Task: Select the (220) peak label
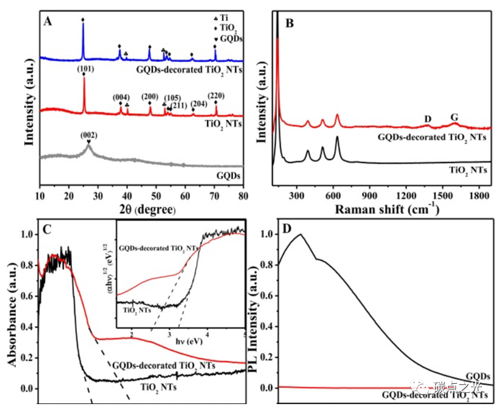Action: coord(216,95)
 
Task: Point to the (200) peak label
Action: coord(150,97)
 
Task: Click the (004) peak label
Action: coord(121,97)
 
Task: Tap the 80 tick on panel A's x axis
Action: coord(244,198)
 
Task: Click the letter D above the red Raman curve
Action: coord(428,119)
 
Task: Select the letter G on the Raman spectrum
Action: coord(454,117)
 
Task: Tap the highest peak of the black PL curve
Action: coord(300,234)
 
